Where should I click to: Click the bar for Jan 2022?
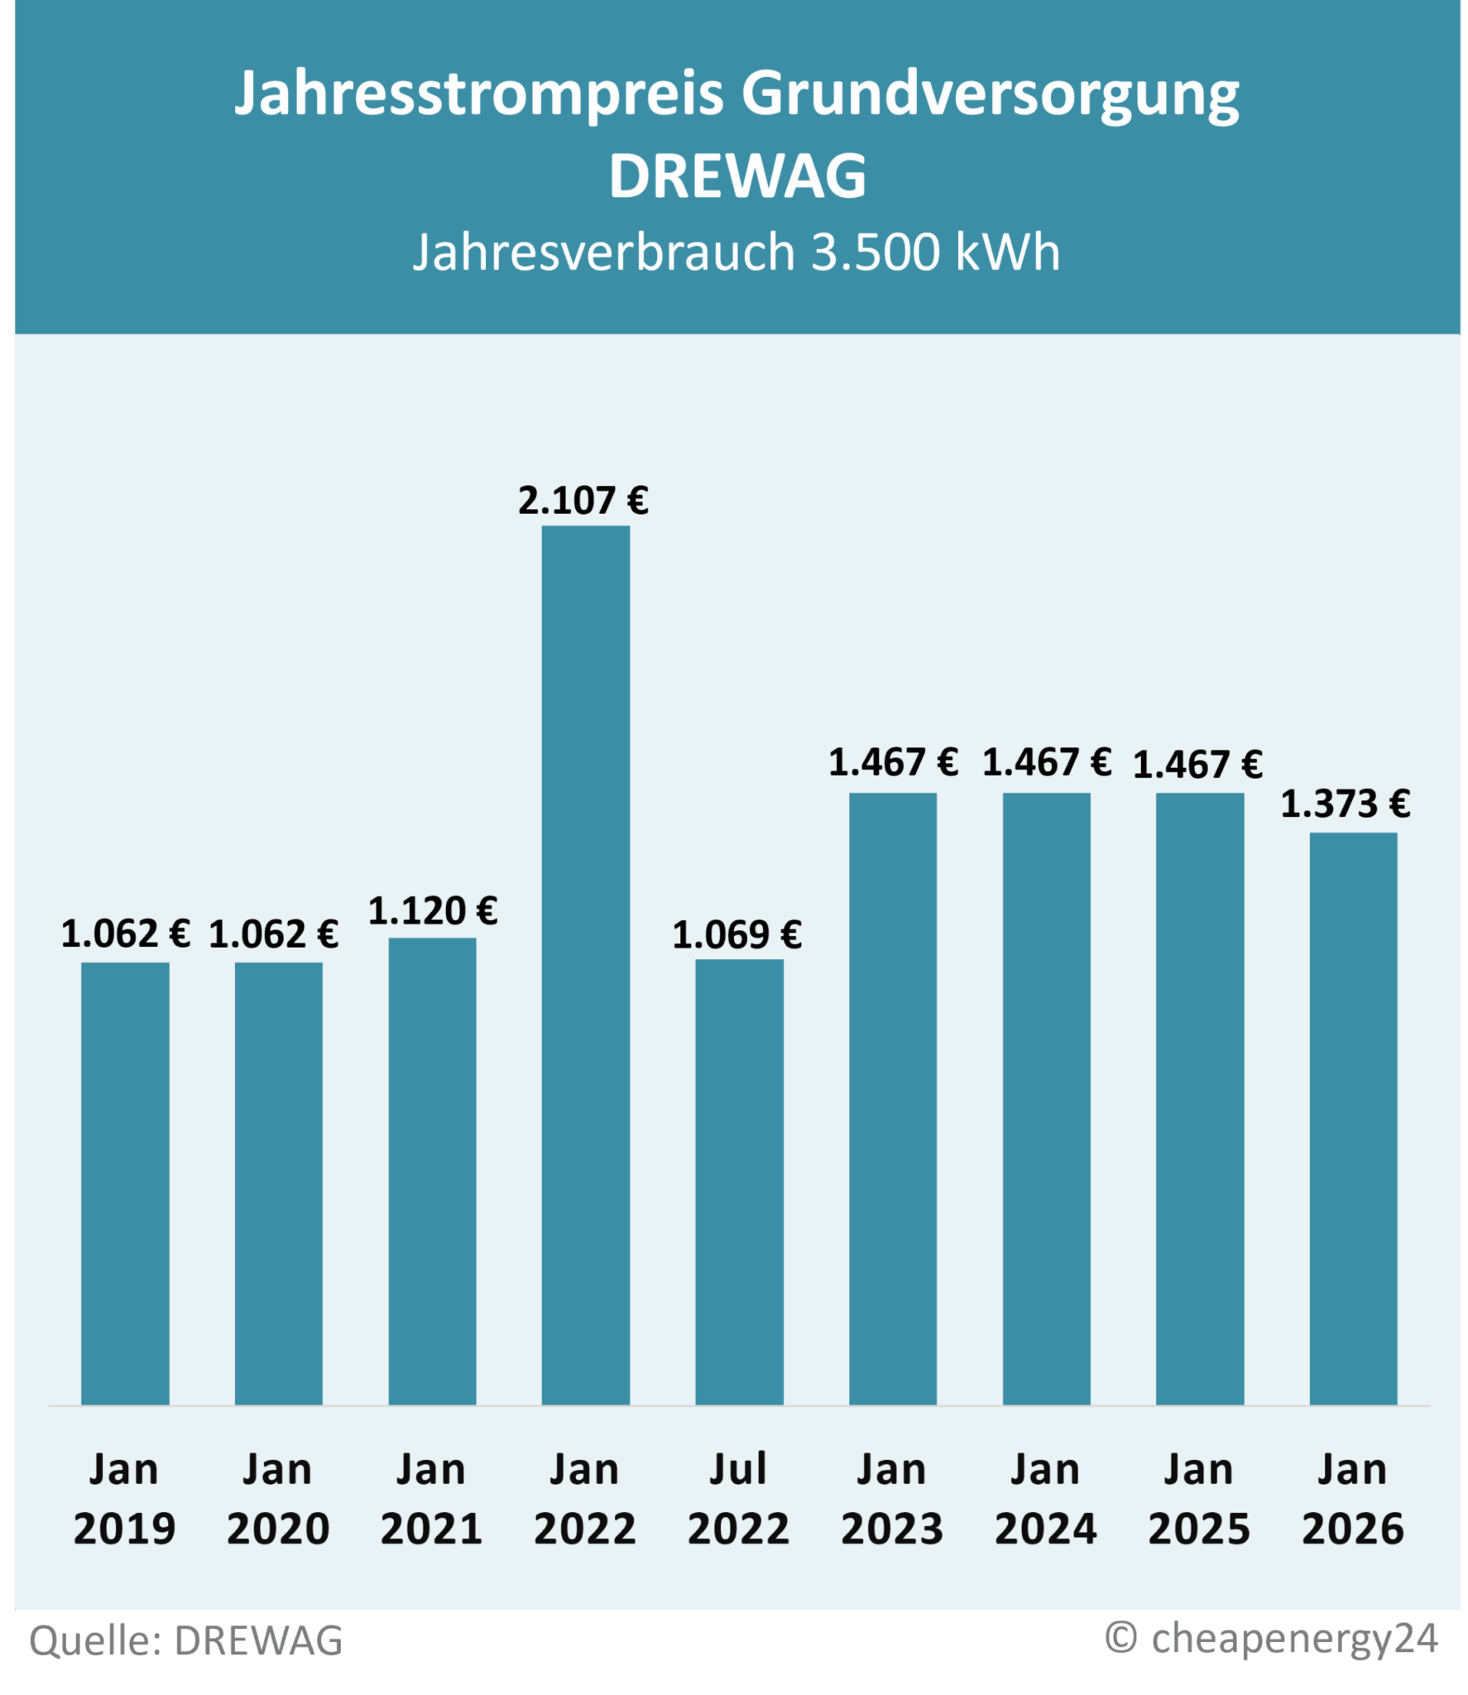tap(585, 964)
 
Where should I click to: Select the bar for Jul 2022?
tap(739, 1181)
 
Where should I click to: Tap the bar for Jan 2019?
tap(125, 1183)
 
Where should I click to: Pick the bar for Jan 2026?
tap(1353, 1118)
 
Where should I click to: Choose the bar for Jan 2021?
tap(432, 1170)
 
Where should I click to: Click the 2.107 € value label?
tap(583, 501)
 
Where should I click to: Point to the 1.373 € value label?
tap(1346, 804)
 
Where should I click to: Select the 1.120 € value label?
tap(433, 911)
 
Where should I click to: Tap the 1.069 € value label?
tap(736, 935)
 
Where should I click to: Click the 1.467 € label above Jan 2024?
tap(1047, 762)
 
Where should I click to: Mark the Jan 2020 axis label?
tap(278, 1499)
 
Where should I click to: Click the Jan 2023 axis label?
tap(892, 1499)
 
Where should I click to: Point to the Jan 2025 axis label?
tap(1199, 1499)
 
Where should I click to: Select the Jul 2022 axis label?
tap(738, 1499)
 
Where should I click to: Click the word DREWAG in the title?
tap(737, 176)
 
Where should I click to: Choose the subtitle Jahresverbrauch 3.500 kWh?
tap(736, 252)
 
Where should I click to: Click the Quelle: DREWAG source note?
tap(186, 1641)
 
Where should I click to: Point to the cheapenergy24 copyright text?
tap(1272, 1638)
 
